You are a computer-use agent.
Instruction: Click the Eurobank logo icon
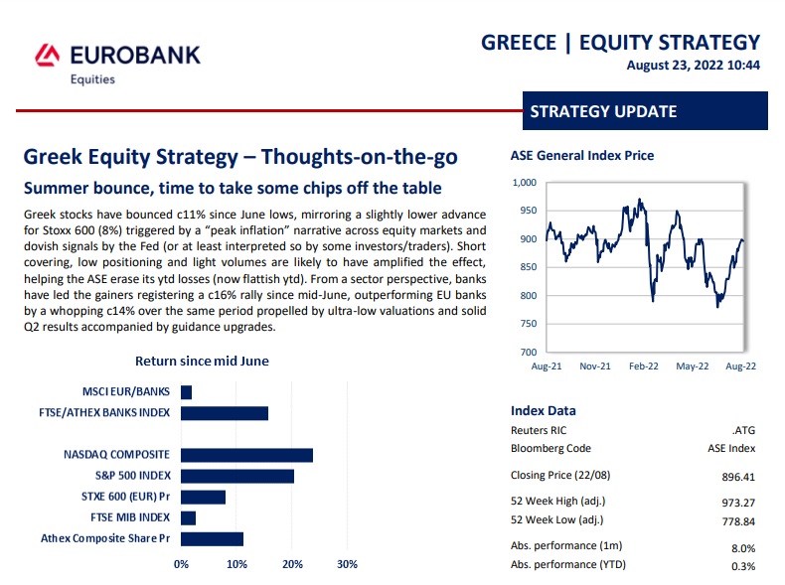tap(48, 55)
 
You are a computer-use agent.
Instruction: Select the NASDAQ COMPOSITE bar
tap(246, 455)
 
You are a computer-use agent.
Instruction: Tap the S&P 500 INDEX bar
tap(237, 476)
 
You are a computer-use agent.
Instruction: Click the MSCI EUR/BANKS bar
tap(187, 392)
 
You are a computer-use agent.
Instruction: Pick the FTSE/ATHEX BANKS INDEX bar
tap(225, 413)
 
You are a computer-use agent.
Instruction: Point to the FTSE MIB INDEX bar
tap(189, 517)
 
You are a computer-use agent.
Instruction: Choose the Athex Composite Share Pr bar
tap(212, 538)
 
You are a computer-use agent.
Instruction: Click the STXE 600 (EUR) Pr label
tap(125, 497)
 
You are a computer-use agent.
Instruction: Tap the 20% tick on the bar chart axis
tap(292, 564)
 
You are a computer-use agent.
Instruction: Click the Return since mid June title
tap(202, 362)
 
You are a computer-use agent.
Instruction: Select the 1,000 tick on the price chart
tap(524, 183)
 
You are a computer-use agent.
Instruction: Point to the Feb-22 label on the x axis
tap(643, 366)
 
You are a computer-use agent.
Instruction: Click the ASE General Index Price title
tap(581, 156)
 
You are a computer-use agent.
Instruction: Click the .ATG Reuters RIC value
tap(743, 431)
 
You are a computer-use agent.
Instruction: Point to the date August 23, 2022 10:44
tap(693, 66)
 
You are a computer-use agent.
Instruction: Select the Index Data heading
tap(543, 411)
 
